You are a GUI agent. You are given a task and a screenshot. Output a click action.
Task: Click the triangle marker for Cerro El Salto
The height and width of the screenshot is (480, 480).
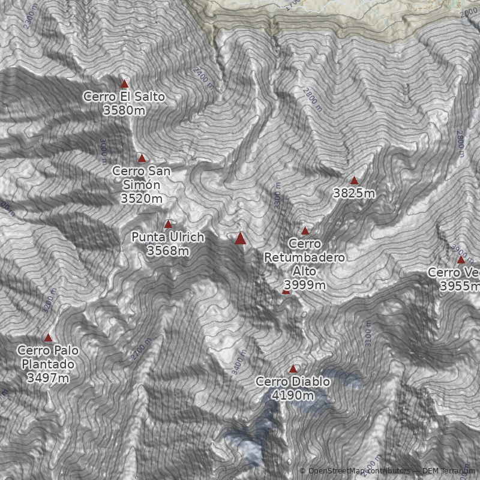click(x=125, y=84)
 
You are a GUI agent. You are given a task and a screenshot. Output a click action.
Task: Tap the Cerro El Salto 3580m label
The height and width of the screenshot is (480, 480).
click(x=124, y=103)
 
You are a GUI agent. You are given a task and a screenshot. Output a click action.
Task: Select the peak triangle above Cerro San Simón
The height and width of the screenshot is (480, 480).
click(x=142, y=158)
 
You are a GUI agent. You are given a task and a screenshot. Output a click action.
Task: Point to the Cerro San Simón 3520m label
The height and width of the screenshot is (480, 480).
click(x=142, y=184)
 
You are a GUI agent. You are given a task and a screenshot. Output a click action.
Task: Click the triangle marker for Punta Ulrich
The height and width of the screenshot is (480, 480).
click(x=168, y=224)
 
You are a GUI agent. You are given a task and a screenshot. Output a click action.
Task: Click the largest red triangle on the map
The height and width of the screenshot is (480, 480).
click(x=241, y=239)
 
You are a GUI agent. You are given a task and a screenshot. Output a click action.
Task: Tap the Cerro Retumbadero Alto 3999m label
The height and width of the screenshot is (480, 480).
click(x=305, y=264)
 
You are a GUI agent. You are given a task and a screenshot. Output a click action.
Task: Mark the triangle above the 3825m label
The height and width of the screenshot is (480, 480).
click(x=354, y=181)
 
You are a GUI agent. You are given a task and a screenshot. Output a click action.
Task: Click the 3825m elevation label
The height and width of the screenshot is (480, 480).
click(x=354, y=193)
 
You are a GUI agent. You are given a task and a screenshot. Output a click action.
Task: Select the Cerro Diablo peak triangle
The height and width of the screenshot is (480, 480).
click(x=293, y=369)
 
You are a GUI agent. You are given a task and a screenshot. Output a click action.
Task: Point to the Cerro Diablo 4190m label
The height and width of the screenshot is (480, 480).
click(x=293, y=388)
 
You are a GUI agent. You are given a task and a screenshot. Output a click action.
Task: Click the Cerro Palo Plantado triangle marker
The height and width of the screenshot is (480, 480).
click(x=48, y=338)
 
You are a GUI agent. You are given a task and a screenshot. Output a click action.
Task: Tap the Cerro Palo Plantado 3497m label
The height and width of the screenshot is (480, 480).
click(x=48, y=364)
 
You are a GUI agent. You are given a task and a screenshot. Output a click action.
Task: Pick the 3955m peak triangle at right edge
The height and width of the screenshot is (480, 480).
click(x=461, y=260)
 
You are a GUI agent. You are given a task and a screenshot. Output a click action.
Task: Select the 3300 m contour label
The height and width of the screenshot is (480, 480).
click(x=277, y=196)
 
